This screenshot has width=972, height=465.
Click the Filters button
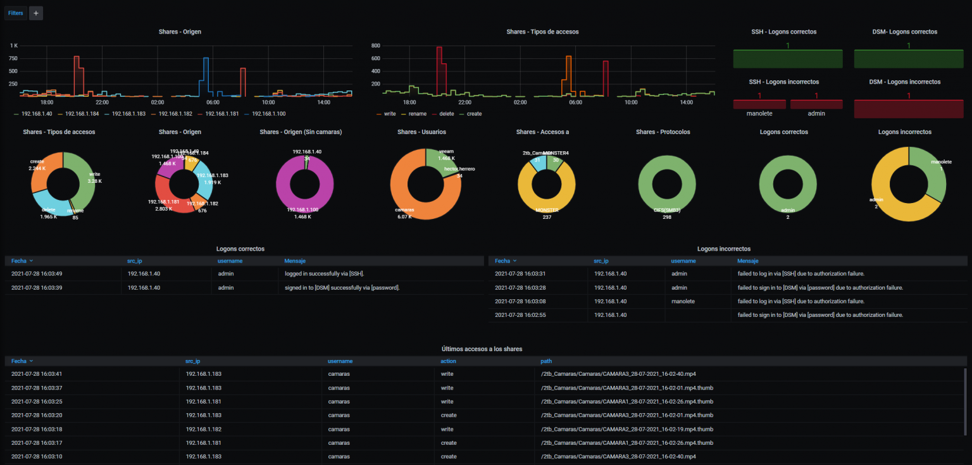tap(15, 13)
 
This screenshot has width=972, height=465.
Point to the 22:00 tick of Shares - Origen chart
tap(102, 102)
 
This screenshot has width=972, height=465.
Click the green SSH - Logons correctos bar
tap(787, 59)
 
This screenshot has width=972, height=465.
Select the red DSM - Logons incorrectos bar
tap(908, 109)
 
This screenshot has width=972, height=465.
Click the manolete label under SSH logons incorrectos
tap(759, 113)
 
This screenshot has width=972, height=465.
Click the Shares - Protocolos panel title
tap(663, 132)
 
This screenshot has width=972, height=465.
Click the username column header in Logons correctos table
tap(230, 261)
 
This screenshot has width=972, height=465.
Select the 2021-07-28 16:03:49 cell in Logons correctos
tap(36, 273)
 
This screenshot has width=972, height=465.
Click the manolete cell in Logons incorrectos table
tap(683, 301)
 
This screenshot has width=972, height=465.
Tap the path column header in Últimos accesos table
tap(546, 361)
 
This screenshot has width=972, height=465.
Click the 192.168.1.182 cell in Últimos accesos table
tap(203, 429)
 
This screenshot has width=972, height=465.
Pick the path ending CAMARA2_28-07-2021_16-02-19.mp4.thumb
tap(626, 429)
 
